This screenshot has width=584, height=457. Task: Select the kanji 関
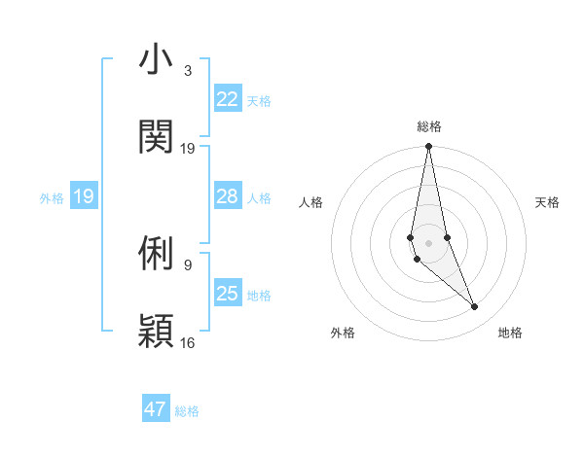click(156, 137)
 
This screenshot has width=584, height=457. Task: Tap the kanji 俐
click(156, 254)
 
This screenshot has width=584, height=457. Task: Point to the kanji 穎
click(156, 331)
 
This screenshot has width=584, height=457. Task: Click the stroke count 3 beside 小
click(188, 70)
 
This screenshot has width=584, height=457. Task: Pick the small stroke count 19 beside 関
click(188, 148)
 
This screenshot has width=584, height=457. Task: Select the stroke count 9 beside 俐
click(188, 264)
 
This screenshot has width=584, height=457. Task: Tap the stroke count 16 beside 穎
click(188, 342)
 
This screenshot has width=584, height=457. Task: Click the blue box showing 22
click(228, 99)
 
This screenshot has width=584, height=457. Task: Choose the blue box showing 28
click(228, 196)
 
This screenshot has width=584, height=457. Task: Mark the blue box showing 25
click(228, 294)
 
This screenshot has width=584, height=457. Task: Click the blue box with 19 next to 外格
click(84, 196)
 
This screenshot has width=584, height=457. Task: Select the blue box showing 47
click(156, 409)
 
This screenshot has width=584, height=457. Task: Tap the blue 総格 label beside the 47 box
click(187, 411)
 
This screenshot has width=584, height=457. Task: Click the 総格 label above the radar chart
click(429, 126)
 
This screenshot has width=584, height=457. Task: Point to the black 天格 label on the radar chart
click(548, 202)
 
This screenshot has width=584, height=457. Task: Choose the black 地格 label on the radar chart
click(510, 333)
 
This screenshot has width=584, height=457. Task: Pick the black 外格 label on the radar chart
click(343, 333)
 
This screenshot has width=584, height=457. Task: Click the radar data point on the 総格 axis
click(428, 147)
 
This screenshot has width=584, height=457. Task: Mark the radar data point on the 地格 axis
click(475, 307)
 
